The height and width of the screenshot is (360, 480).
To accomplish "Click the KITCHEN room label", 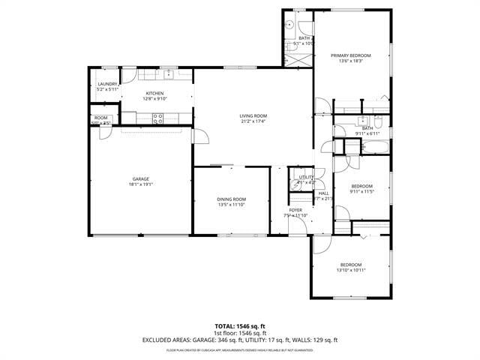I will (154, 93).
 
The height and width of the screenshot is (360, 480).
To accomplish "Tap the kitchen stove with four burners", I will (157, 116).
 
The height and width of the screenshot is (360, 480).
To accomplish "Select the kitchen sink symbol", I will (169, 74).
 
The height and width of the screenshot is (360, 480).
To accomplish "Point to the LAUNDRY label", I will (108, 84).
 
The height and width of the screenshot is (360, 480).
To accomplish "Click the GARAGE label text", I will (141, 178).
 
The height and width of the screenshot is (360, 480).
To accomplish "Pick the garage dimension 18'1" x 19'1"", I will (141, 184).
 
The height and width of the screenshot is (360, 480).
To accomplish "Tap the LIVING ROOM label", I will (253, 115).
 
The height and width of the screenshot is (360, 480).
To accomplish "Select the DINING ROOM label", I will (231, 199).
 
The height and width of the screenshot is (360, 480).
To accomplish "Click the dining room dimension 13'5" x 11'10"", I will (231, 205).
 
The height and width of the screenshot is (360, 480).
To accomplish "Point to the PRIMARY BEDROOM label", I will (351, 55).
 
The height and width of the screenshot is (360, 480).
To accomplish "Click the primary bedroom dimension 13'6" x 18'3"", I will (351, 61).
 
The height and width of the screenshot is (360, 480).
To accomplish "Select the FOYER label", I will (296, 210).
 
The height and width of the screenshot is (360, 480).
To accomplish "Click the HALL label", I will (323, 193).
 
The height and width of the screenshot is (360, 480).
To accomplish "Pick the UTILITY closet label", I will (305, 177).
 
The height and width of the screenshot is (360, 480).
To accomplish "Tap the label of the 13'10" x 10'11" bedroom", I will (351, 264).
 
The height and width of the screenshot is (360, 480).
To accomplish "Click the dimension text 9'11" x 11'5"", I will (361, 192).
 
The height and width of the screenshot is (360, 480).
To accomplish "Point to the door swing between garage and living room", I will (200, 136).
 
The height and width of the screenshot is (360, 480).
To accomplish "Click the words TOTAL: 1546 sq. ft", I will (240, 325).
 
